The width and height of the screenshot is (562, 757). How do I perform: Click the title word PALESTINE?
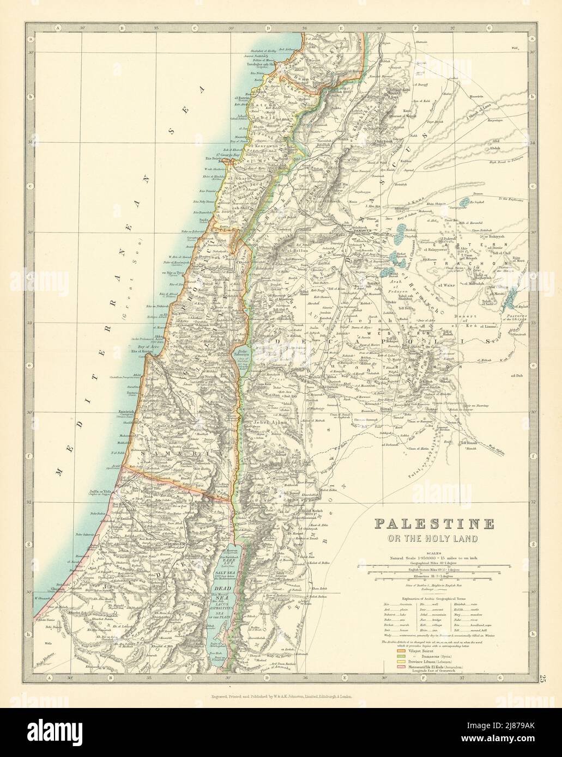click(434, 524)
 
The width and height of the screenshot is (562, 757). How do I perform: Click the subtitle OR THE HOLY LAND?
click(434, 539)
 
